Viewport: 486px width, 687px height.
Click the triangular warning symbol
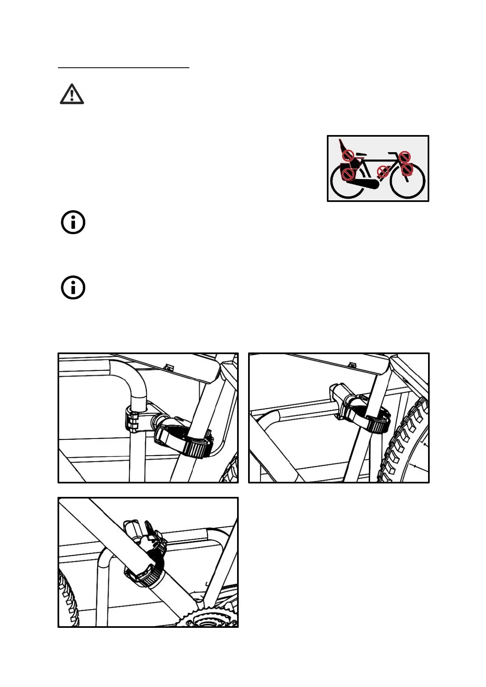tap(72, 94)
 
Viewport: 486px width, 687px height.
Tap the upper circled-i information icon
tap(73, 223)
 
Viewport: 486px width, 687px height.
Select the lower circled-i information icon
tap(73, 288)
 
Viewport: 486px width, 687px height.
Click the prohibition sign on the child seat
tap(348, 155)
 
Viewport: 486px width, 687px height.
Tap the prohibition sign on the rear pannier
tap(348, 174)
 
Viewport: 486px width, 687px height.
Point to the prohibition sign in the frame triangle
tap(382, 172)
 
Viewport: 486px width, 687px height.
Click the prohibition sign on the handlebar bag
tap(405, 156)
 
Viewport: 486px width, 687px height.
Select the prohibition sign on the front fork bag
tap(407, 169)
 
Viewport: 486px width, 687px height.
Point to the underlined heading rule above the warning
tap(124, 68)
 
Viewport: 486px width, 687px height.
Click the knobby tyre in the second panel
tap(402, 441)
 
